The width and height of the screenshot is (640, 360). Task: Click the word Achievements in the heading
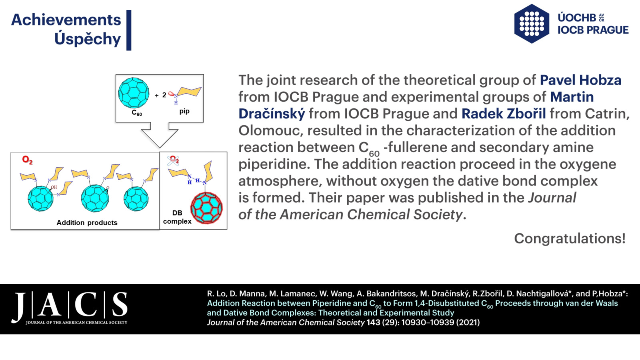point(66,20)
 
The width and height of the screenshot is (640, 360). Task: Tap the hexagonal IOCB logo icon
point(532,24)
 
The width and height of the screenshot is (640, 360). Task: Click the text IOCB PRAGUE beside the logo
point(593,30)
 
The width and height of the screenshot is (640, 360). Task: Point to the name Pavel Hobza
point(580,80)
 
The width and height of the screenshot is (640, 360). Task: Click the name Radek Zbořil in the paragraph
point(504,114)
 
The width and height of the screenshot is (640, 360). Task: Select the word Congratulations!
point(570,238)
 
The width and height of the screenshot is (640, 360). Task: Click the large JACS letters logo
point(70,307)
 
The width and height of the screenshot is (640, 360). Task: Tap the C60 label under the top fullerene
point(137,112)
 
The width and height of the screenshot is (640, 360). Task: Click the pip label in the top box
point(184,111)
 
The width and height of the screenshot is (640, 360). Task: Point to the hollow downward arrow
point(160,135)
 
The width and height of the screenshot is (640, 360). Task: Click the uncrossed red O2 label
point(28,160)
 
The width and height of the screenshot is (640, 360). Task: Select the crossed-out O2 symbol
point(174,160)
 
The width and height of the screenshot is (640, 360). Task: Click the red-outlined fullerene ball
point(206,208)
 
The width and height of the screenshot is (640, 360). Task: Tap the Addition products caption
point(87,222)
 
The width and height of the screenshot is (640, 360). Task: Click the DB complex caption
point(177,217)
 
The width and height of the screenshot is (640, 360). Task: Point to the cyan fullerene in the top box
point(134,93)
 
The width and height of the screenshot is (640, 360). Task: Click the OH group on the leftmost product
point(54,188)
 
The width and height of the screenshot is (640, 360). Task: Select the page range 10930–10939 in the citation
point(428,322)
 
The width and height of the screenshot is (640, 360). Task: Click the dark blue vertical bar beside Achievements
point(129,30)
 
